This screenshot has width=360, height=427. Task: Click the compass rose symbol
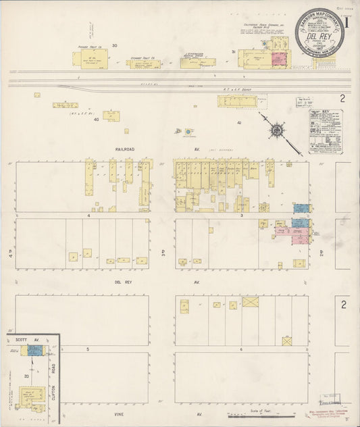(x=276, y=129)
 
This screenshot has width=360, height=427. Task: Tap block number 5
(x=88, y=349)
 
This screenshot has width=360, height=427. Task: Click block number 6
(x=241, y=349)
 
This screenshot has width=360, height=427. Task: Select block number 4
(x=88, y=216)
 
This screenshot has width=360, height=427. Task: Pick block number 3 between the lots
(x=241, y=216)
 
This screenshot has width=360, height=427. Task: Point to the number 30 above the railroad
(x=114, y=45)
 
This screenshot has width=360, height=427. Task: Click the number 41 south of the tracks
(x=239, y=122)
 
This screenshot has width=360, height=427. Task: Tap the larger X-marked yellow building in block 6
(x=250, y=301)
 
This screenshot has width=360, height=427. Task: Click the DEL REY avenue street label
(x=130, y=281)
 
